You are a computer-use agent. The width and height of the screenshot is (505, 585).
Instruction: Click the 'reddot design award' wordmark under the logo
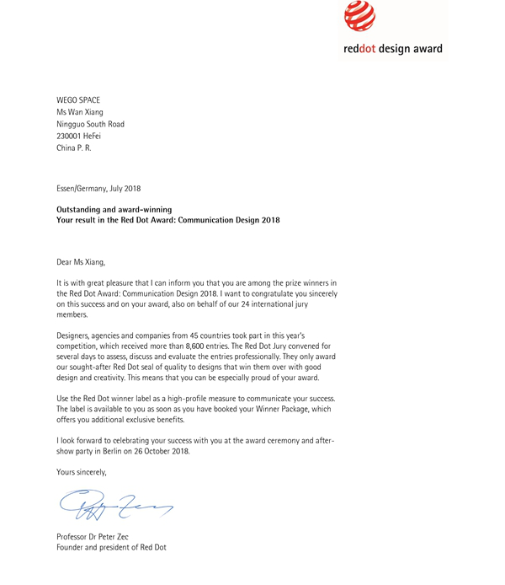tap(393, 50)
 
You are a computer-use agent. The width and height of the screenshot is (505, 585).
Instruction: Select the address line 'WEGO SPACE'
tap(77, 100)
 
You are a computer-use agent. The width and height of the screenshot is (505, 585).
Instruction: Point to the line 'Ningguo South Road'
tap(90, 124)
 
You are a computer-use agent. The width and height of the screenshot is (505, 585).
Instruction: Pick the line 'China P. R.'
tap(74, 148)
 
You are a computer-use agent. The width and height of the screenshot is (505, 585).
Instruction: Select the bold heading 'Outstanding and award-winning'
tap(114, 209)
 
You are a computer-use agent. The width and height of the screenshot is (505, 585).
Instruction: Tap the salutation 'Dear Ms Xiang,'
tap(81, 261)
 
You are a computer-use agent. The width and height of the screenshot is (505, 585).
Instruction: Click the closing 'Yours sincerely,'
tap(82, 471)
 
